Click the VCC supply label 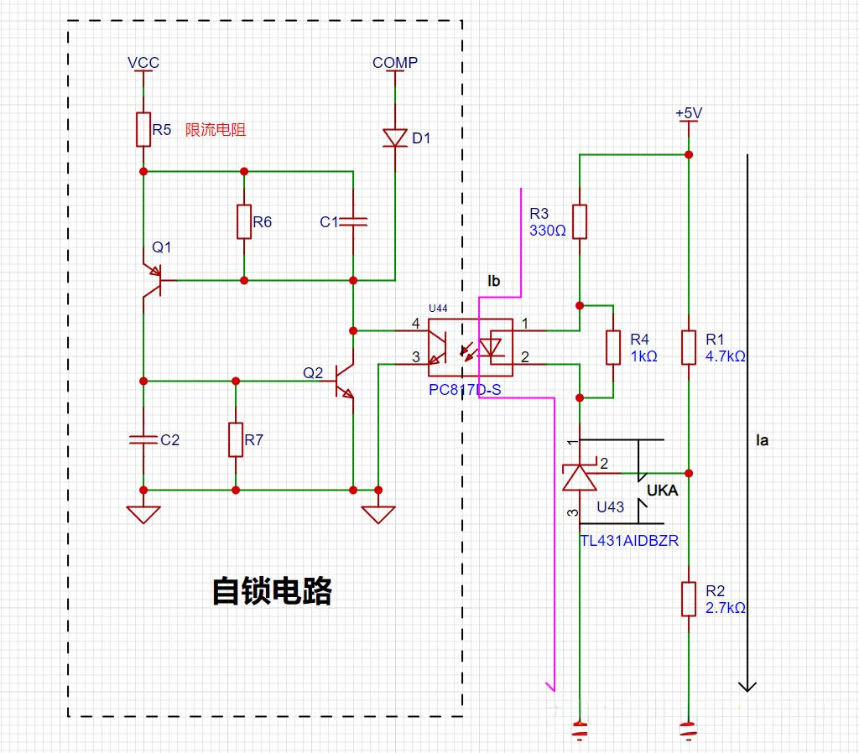pyautogui.click(x=143, y=63)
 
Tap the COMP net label pyautogui.click(x=395, y=63)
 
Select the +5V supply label pyautogui.click(x=689, y=113)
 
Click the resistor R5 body pyautogui.click(x=143, y=130)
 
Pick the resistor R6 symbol pyautogui.click(x=244, y=222)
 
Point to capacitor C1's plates pyautogui.click(x=353, y=222)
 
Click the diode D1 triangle pyautogui.click(x=395, y=138)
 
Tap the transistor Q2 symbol pyautogui.click(x=343, y=381)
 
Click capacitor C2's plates pyautogui.click(x=143, y=439)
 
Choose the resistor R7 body pyautogui.click(x=236, y=439)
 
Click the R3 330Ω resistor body pyautogui.click(x=580, y=222)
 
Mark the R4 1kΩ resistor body pyautogui.click(x=613, y=347)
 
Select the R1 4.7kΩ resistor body pyautogui.click(x=689, y=347)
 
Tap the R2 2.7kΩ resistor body pyautogui.click(x=689, y=599)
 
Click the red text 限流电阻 pyautogui.click(x=216, y=130)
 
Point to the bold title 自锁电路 pyautogui.click(x=273, y=591)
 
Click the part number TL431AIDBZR pyautogui.click(x=629, y=541)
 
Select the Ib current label pyautogui.click(x=493, y=281)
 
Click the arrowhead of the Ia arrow pyautogui.click(x=747, y=688)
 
